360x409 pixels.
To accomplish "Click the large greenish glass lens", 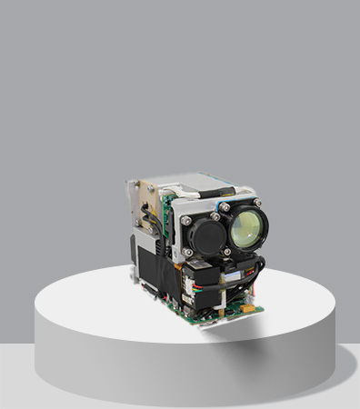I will click(246, 226).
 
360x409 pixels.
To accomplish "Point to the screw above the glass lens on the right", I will click(256, 202).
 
